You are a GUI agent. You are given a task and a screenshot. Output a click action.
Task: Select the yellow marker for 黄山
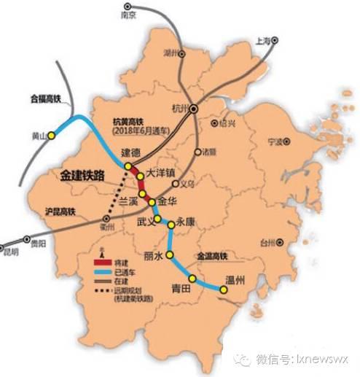[51, 136]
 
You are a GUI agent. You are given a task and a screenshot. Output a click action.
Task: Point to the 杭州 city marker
[194, 109]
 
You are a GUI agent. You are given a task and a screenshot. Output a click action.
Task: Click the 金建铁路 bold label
[79, 176]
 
